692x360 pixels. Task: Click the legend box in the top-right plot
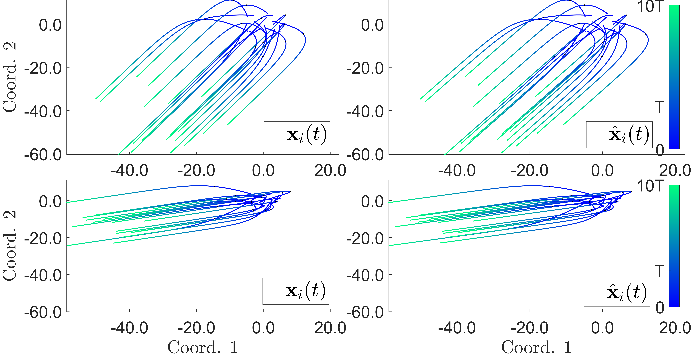[619, 135]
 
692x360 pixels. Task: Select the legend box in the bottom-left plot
[295, 291]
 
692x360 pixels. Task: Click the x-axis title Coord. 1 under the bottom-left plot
[203, 347]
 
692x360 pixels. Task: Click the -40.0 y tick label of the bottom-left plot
[43, 275]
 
